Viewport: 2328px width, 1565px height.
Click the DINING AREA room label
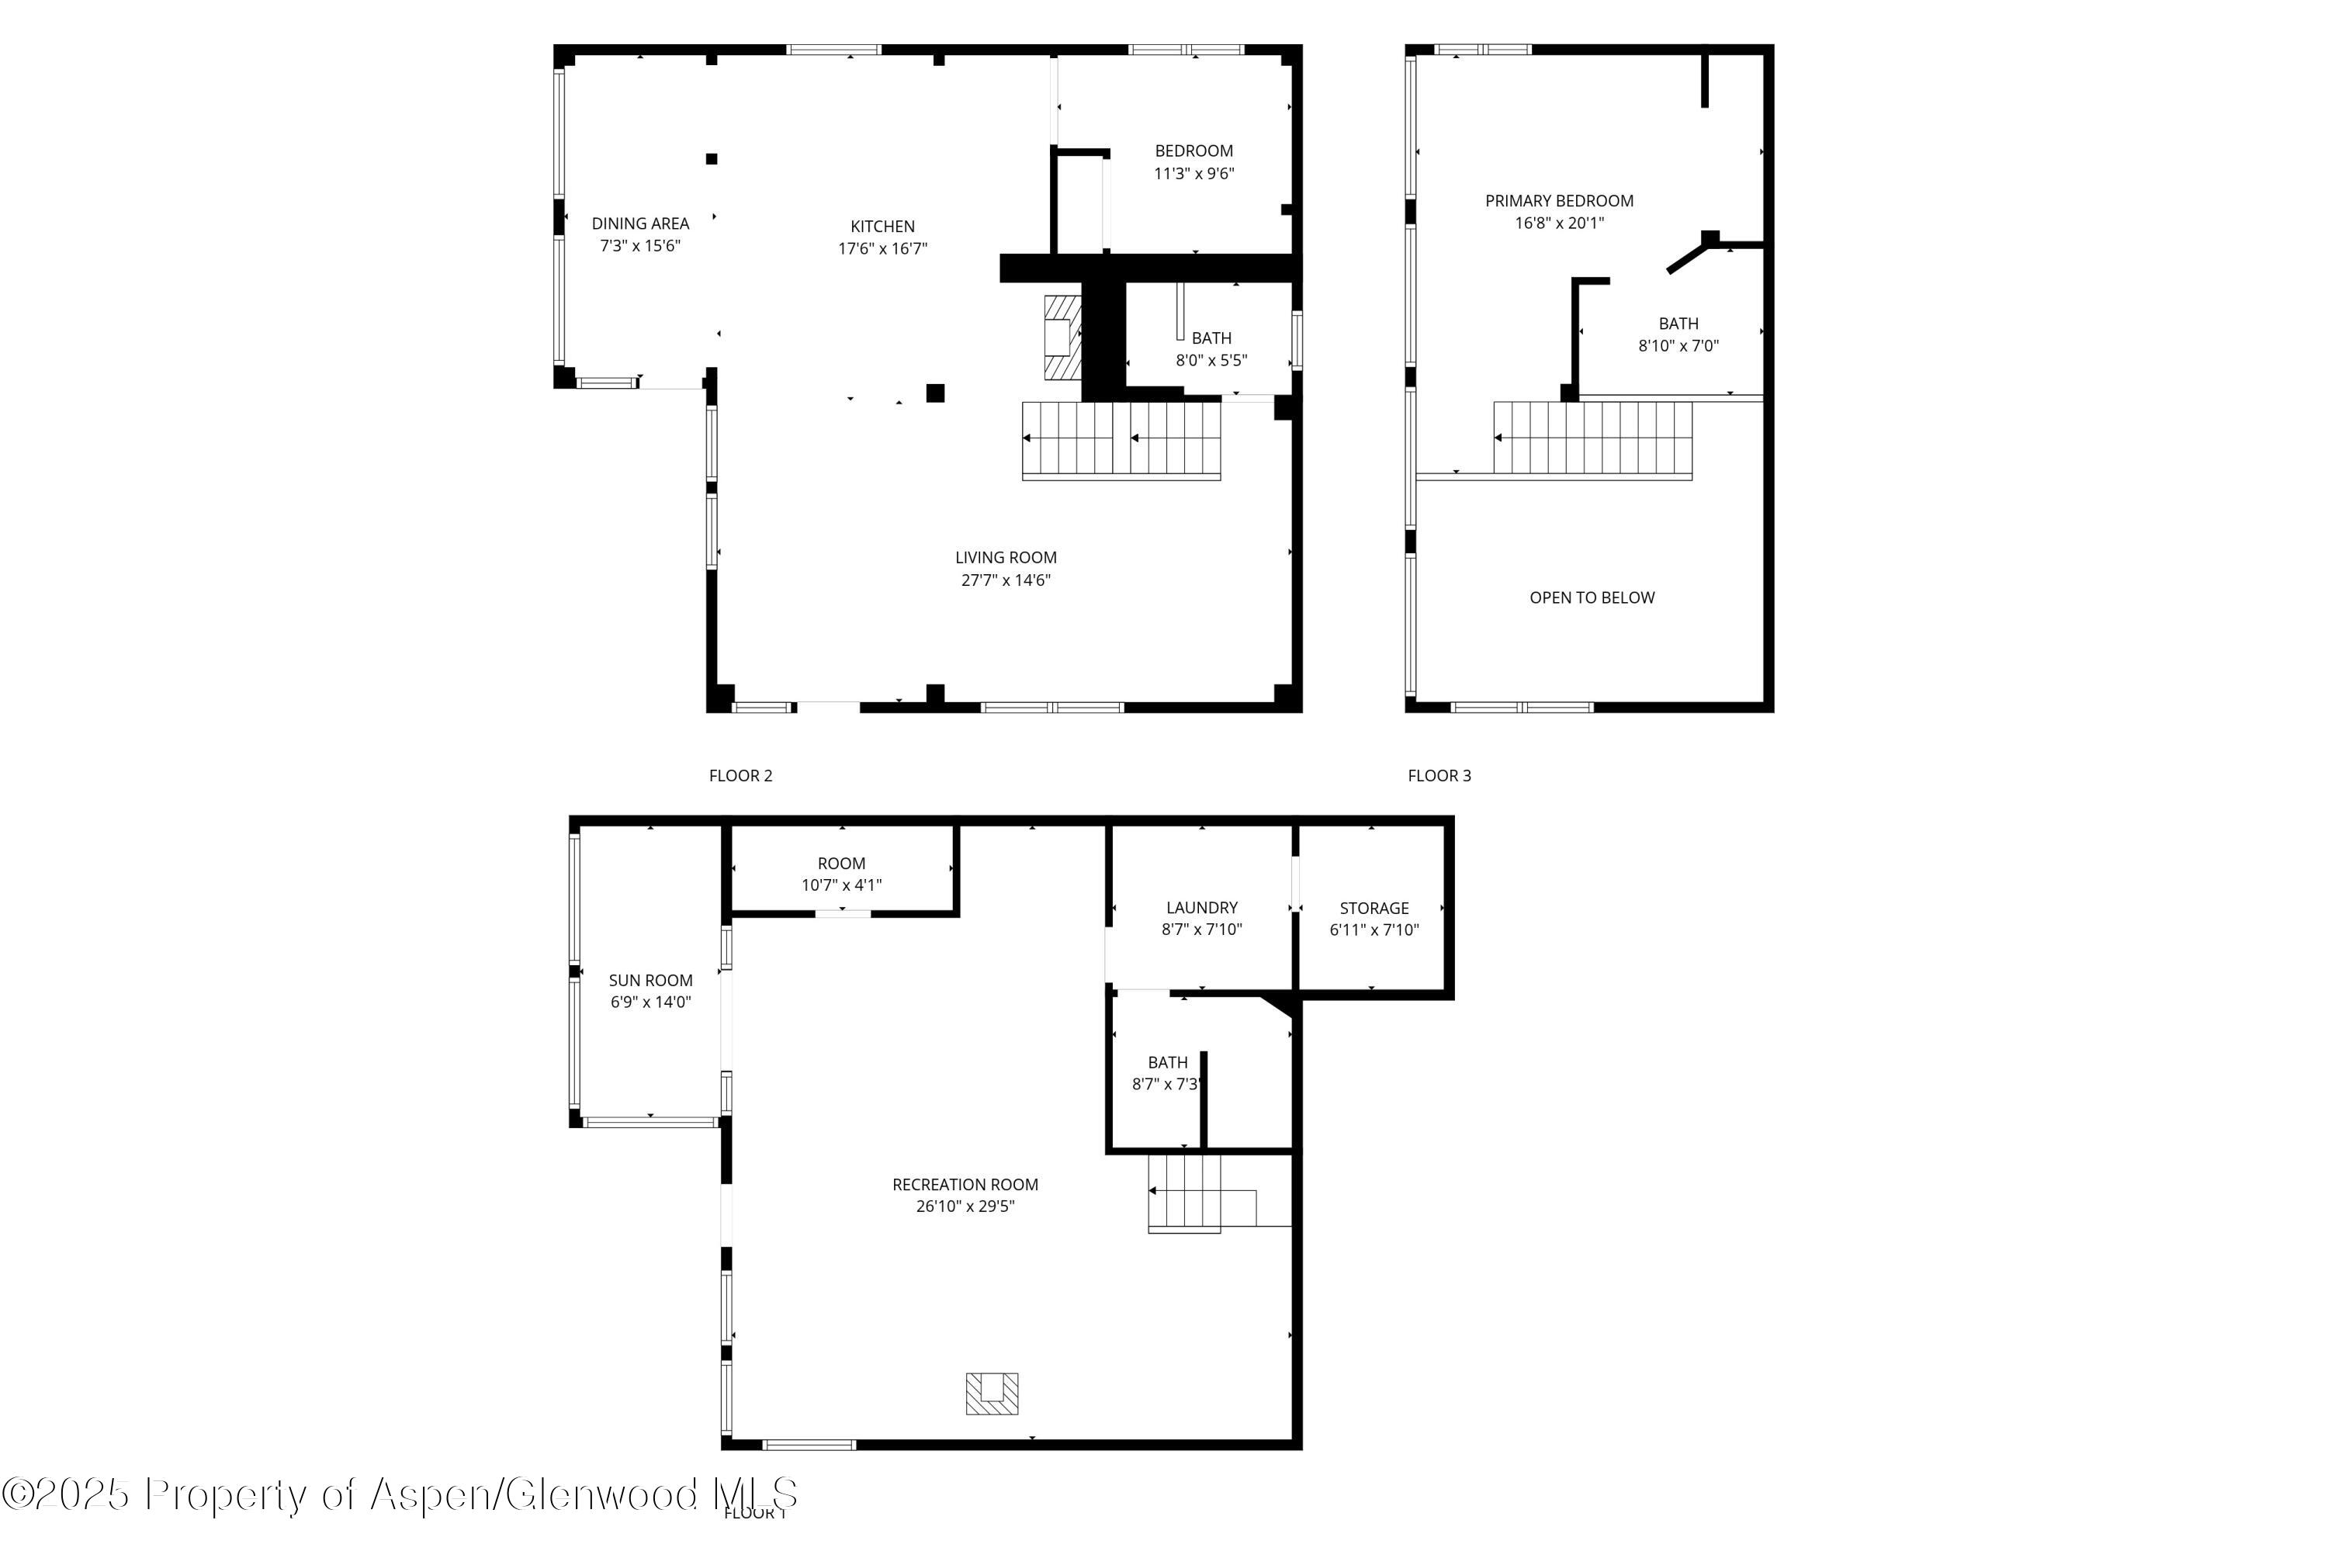[640, 223]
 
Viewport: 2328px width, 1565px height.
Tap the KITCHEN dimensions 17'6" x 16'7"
[882, 248]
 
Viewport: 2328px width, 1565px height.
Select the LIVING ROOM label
[1005, 558]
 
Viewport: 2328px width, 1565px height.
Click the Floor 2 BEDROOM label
[1194, 151]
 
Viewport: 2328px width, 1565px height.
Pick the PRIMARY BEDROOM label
[1558, 201]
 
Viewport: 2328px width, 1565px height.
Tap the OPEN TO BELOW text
[1592, 598]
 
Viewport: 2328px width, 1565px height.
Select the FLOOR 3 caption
[1439, 775]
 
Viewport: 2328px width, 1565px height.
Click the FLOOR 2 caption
[740, 775]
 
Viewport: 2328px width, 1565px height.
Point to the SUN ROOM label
[650, 980]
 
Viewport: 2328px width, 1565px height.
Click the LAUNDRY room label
[1201, 907]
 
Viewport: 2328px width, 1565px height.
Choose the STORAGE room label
[1374, 909]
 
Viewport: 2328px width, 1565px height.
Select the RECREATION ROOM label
[965, 1185]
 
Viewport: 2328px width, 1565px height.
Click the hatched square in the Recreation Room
[991, 1394]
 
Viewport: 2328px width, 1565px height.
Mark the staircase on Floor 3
[1592, 438]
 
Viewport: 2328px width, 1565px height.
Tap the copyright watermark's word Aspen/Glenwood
[534, 1495]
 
